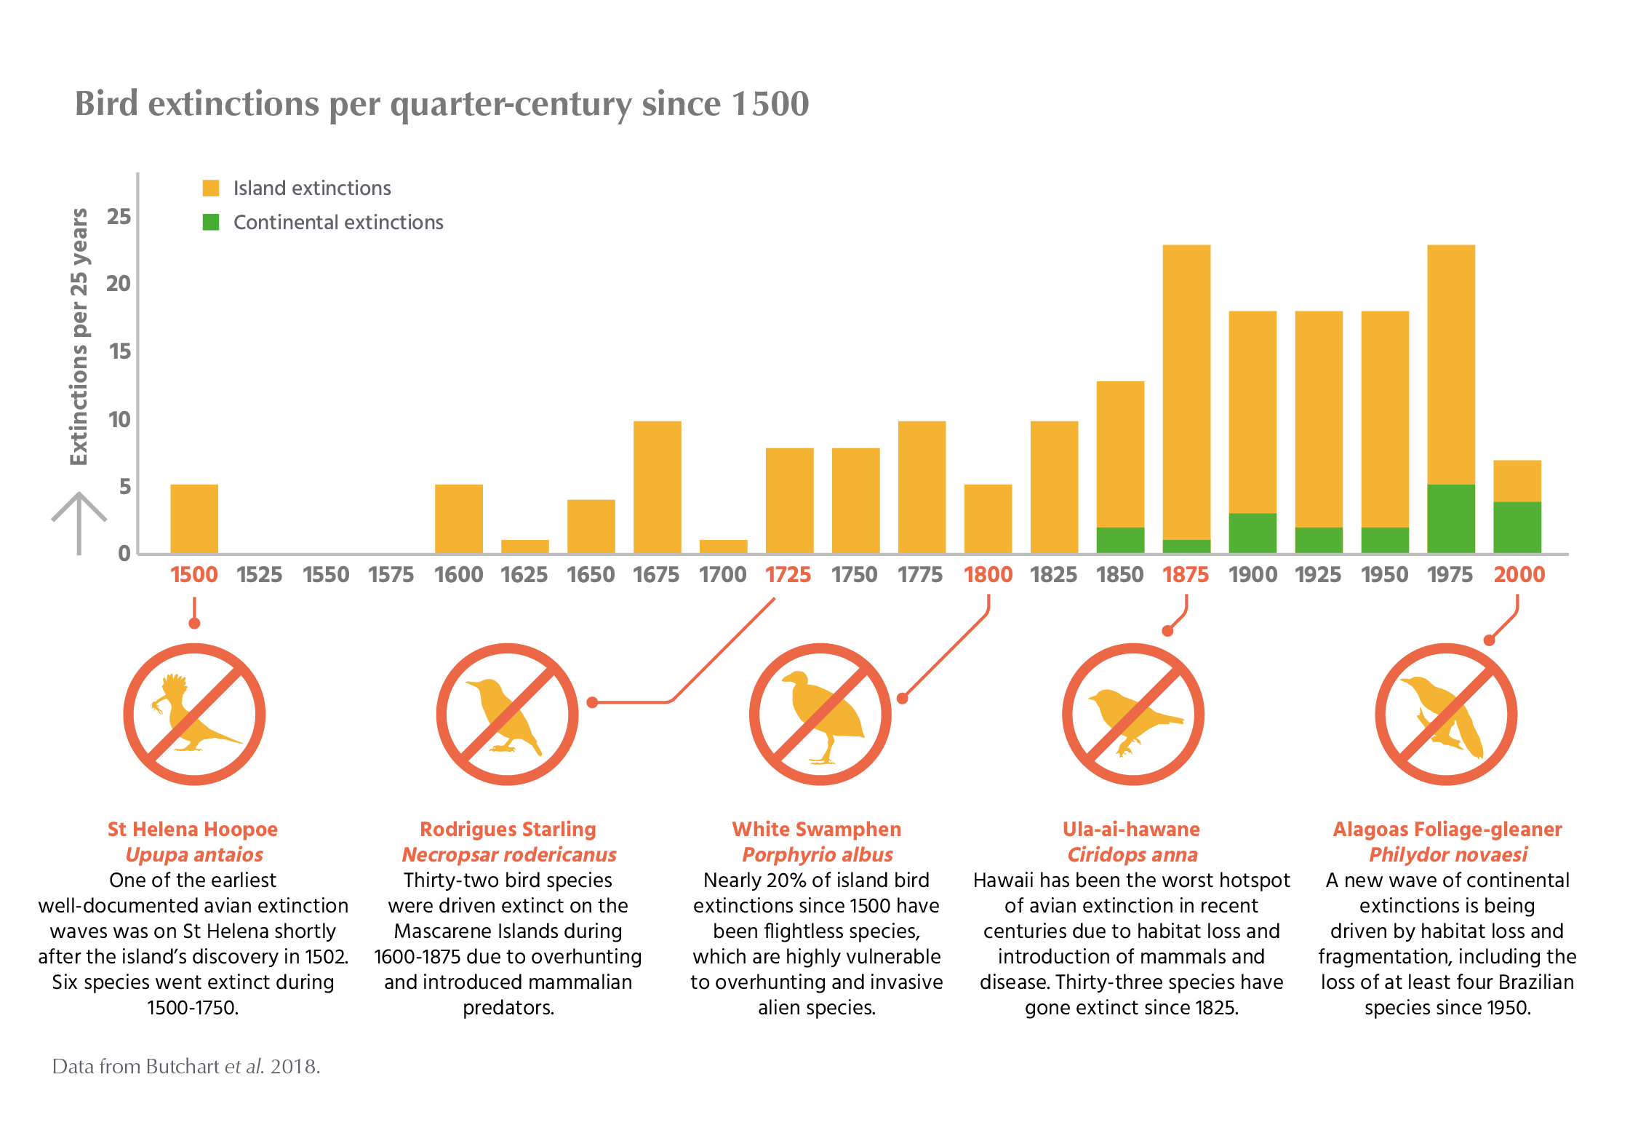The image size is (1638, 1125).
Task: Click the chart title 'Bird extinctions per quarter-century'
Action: pos(442,104)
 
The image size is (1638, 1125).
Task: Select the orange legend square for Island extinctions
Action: pos(211,188)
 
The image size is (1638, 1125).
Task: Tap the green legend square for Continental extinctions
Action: pos(211,222)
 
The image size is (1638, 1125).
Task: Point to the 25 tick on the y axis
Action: pos(119,216)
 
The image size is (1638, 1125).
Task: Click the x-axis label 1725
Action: pos(788,575)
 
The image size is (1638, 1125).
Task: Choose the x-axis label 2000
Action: pos(1519,575)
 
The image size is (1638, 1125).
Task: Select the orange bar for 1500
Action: pos(194,518)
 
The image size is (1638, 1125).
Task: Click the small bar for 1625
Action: pos(524,546)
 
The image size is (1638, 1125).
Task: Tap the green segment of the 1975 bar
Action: pos(1451,518)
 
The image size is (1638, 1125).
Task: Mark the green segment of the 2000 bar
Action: pos(1517,527)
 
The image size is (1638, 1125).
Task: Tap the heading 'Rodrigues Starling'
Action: pos(508,829)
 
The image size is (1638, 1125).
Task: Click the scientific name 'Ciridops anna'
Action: pos(1132,854)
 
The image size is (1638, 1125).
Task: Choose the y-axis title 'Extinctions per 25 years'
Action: pos(79,336)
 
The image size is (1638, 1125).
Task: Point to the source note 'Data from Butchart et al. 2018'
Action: pos(185,1067)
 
